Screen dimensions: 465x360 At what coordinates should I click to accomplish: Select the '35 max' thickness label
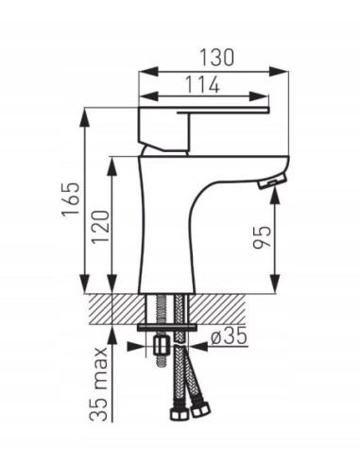(x=100, y=388)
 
